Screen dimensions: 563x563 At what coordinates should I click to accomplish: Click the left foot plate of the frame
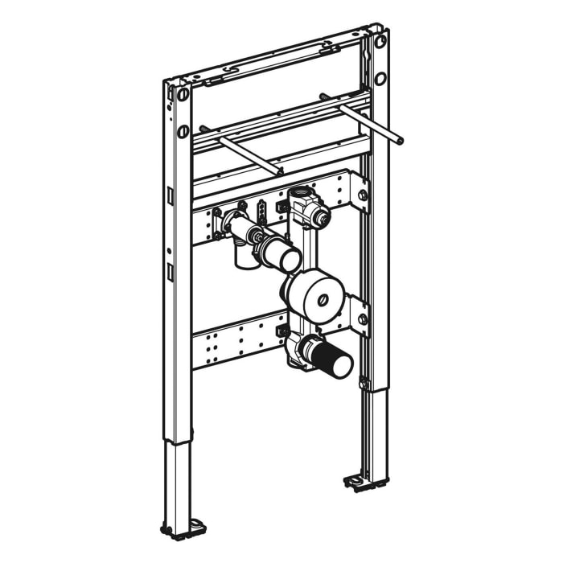pos(183,528)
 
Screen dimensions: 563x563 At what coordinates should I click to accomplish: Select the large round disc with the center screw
pos(314,294)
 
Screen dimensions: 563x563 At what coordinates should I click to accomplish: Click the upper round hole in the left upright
pos(183,95)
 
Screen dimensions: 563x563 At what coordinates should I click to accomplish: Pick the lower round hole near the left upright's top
pos(183,131)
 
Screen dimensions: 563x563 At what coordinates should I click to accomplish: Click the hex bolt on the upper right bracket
pos(363,195)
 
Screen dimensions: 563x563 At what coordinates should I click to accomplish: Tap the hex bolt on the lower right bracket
pos(362,318)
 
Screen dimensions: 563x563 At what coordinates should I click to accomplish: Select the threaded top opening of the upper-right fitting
pos(302,193)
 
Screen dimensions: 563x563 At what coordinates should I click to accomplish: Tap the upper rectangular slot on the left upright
pos(171,195)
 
